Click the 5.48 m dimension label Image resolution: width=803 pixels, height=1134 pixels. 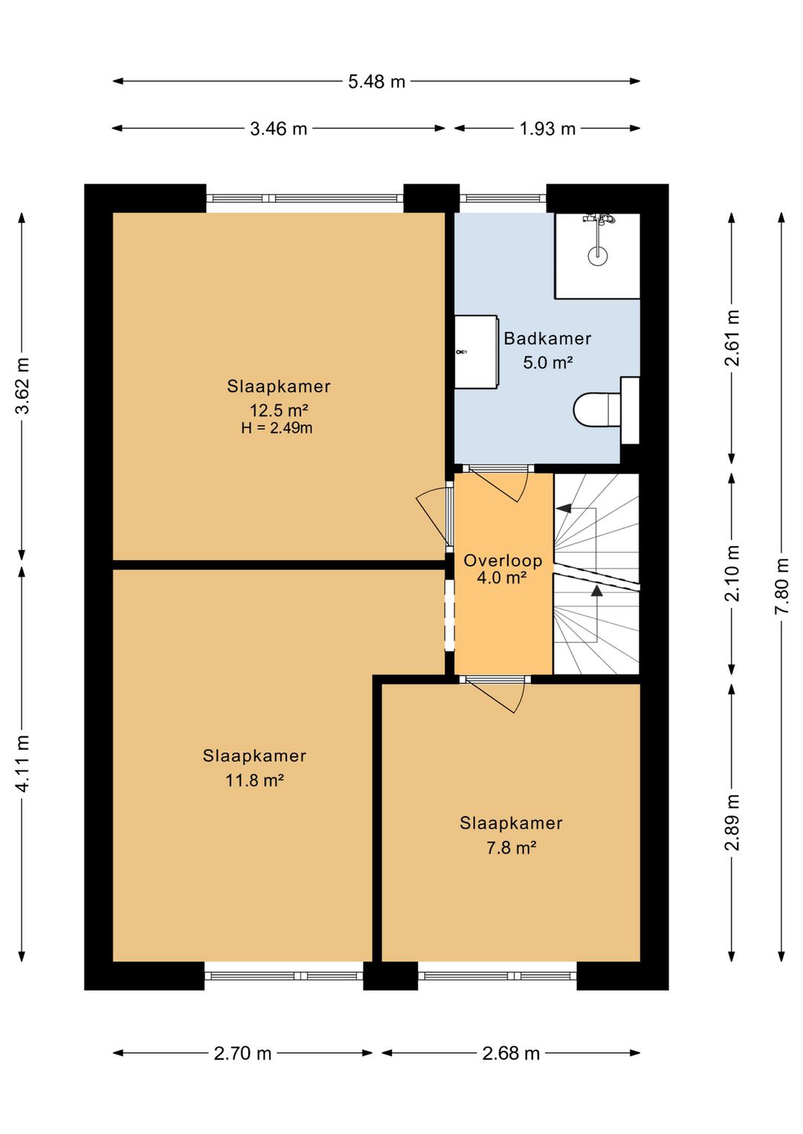click(x=376, y=82)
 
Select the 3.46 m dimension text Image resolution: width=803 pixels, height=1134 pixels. click(x=278, y=129)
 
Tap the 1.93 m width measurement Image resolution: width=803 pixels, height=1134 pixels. click(x=547, y=129)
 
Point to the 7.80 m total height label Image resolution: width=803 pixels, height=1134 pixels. click(x=781, y=586)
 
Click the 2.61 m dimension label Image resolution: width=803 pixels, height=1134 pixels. click(x=732, y=337)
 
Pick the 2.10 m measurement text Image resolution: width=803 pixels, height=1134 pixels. click(x=732, y=573)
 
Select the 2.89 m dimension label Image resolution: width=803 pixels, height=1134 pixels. click(x=732, y=822)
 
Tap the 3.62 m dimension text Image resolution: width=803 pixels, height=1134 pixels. click(x=22, y=385)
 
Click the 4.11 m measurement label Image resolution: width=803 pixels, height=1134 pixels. click(x=22, y=762)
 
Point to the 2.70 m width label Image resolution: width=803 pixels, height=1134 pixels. click(x=242, y=1053)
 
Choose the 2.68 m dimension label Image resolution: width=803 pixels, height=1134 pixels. click(x=511, y=1053)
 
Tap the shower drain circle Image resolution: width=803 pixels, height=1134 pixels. click(x=598, y=256)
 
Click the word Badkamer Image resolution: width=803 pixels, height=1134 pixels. click(x=547, y=338)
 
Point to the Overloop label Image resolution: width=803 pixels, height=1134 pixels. click(x=503, y=560)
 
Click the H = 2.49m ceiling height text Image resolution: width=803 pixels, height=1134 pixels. click(x=277, y=428)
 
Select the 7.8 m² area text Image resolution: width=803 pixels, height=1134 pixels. click(x=512, y=847)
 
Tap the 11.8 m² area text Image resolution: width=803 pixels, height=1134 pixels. click(x=254, y=780)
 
